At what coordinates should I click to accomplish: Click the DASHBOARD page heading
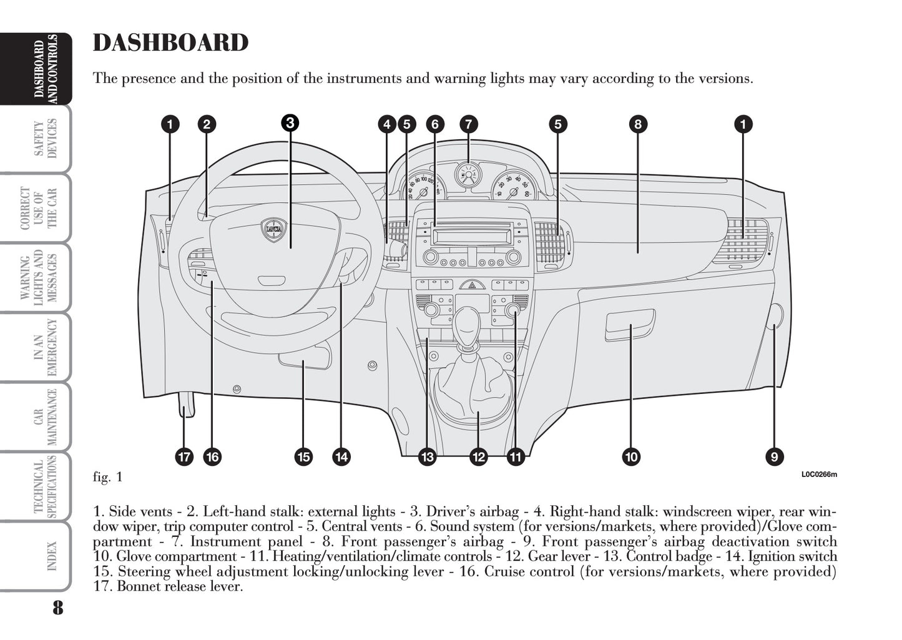click(x=170, y=42)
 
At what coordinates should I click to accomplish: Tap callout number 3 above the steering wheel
click(x=289, y=122)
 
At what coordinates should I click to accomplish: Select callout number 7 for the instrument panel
click(x=468, y=124)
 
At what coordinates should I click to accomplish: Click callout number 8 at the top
click(x=637, y=124)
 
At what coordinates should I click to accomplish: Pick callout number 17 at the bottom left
click(x=184, y=457)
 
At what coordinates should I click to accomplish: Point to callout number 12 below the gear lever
click(x=478, y=457)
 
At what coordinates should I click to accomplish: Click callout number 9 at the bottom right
click(x=773, y=457)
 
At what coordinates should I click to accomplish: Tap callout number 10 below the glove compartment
click(x=631, y=457)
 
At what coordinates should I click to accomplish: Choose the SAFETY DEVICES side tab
click(x=46, y=139)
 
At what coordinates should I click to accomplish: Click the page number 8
click(x=57, y=608)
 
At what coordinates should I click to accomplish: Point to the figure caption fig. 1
click(x=107, y=478)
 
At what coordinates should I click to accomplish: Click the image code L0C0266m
click(x=819, y=475)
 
